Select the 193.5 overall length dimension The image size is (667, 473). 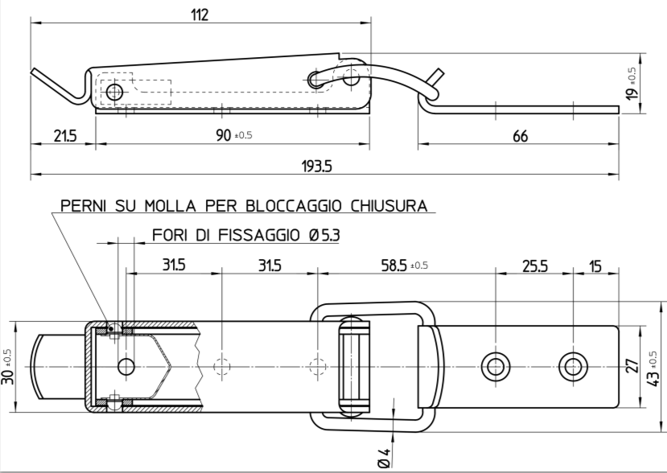point(317,166)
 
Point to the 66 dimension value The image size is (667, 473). point(521,136)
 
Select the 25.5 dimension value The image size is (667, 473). point(534,265)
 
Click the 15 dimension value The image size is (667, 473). point(595,265)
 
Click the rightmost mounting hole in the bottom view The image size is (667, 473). point(573,366)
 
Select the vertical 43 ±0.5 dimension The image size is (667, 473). point(653,366)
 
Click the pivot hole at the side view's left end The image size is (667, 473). point(115,93)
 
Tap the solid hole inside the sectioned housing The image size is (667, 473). point(126,367)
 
